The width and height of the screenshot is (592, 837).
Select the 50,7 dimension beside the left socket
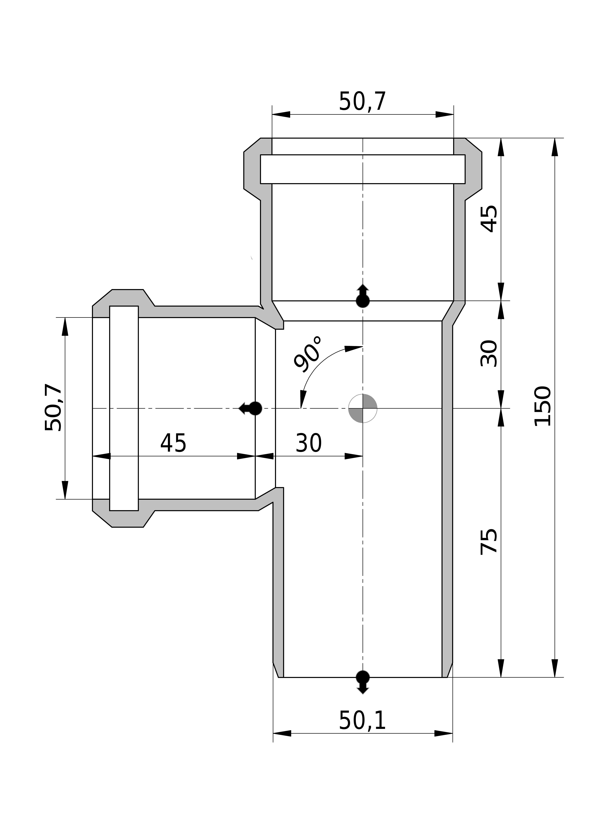pyautogui.click(x=53, y=408)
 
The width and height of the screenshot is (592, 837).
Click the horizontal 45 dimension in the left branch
pyautogui.click(x=173, y=443)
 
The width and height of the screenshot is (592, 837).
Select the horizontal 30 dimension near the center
pyautogui.click(x=309, y=443)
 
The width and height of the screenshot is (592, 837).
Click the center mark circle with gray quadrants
pyautogui.click(x=363, y=408)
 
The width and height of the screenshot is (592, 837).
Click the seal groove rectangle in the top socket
pyautogui.click(x=363, y=169)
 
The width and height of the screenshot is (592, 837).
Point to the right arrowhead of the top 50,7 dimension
pyautogui.click(x=445, y=115)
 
